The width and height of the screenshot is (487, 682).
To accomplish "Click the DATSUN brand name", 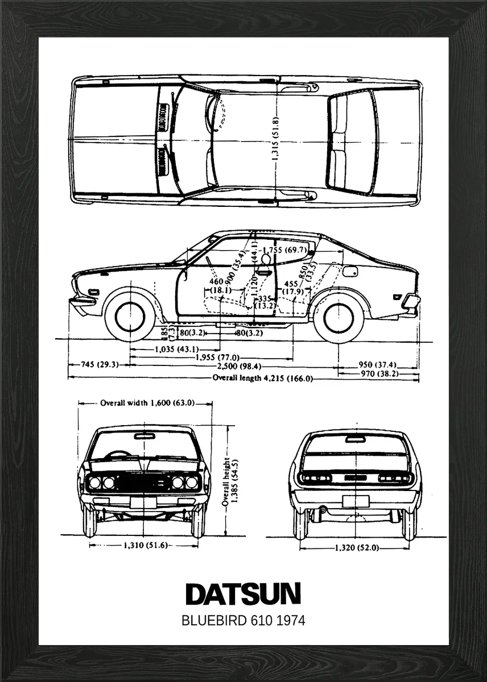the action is click(243, 594).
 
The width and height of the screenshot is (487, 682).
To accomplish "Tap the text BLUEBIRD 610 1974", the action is click(243, 620).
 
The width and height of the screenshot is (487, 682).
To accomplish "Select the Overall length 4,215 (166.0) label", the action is click(262, 378).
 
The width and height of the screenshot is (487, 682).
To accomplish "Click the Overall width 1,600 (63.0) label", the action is click(147, 403).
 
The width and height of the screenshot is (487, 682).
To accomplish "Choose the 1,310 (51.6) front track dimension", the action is click(145, 546).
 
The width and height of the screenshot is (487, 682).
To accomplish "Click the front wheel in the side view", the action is click(130, 317).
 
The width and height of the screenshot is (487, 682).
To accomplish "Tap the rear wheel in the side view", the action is click(339, 317).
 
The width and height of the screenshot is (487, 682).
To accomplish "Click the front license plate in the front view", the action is click(144, 502).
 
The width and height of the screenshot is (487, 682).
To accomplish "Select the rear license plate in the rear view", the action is click(356, 501).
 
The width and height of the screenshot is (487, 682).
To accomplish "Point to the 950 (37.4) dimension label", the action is click(377, 365).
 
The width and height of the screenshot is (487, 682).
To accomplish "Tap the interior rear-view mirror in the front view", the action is click(145, 436).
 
